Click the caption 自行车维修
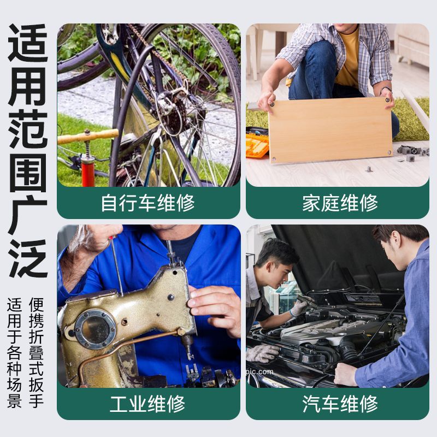tap(147, 203)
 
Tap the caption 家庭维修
tap(340, 203)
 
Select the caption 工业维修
tap(147, 404)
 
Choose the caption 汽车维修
tap(340, 404)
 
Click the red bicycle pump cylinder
tap(88, 173)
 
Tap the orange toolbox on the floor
tap(257, 145)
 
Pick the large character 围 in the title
tap(27, 172)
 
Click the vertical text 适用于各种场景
tap(14, 352)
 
